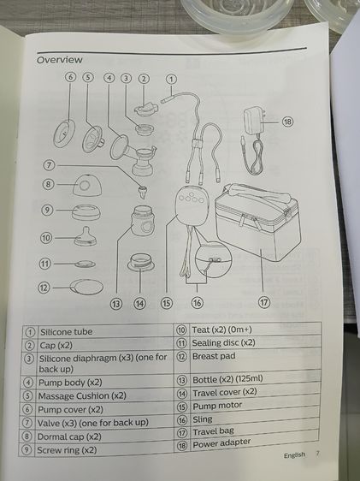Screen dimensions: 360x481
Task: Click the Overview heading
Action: tap(60, 60)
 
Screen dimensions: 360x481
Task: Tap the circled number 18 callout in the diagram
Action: tap(287, 122)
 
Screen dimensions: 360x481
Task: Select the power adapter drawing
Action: tap(254, 140)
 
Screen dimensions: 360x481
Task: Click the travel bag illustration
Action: tap(257, 222)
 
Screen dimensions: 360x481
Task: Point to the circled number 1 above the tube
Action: tap(171, 79)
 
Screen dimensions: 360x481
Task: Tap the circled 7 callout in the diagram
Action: tap(49, 165)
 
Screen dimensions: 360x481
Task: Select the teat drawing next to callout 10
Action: tap(86, 236)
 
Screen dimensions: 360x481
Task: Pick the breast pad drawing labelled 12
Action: tap(87, 287)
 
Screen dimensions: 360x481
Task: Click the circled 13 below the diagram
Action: tap(116, 304)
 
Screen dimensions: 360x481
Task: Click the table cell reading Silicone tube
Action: tap(66, 332)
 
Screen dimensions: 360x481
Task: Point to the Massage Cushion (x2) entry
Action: tap(82, 396)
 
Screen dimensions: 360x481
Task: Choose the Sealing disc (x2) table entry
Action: tap(224, 342)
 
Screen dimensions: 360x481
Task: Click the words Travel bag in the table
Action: tap(213, 432)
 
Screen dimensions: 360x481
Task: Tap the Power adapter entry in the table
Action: tap(221, 443)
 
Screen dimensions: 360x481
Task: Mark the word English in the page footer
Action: tap(294, 455)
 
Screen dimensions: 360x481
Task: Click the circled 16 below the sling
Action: tap(197, 303)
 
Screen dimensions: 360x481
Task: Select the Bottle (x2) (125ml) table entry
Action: tap(227, 379)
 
